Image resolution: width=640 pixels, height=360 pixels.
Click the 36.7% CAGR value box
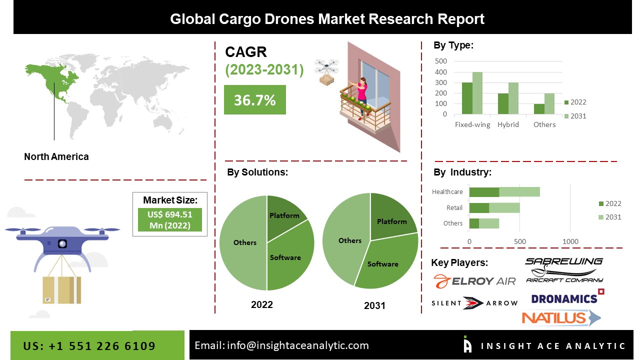coord(254,100)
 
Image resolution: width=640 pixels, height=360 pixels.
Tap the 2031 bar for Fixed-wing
coord(477,93)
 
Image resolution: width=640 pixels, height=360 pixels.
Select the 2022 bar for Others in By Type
coord(539,109)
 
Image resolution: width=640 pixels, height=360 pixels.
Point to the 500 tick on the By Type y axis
coord(441,61)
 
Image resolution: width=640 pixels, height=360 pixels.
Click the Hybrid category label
coord(508,124)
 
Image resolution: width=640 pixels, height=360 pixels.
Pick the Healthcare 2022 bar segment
coord(484,192)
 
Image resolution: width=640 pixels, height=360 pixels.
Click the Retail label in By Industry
coord(454,207)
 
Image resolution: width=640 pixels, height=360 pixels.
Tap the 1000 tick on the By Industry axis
coord(570,241)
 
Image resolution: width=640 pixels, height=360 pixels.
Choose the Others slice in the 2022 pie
coord(244,242)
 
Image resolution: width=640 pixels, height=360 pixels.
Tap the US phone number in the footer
coord(89,346)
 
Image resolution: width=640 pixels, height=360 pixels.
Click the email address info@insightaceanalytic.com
coord(281,345)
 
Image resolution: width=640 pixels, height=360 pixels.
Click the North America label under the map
coord(56,156)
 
